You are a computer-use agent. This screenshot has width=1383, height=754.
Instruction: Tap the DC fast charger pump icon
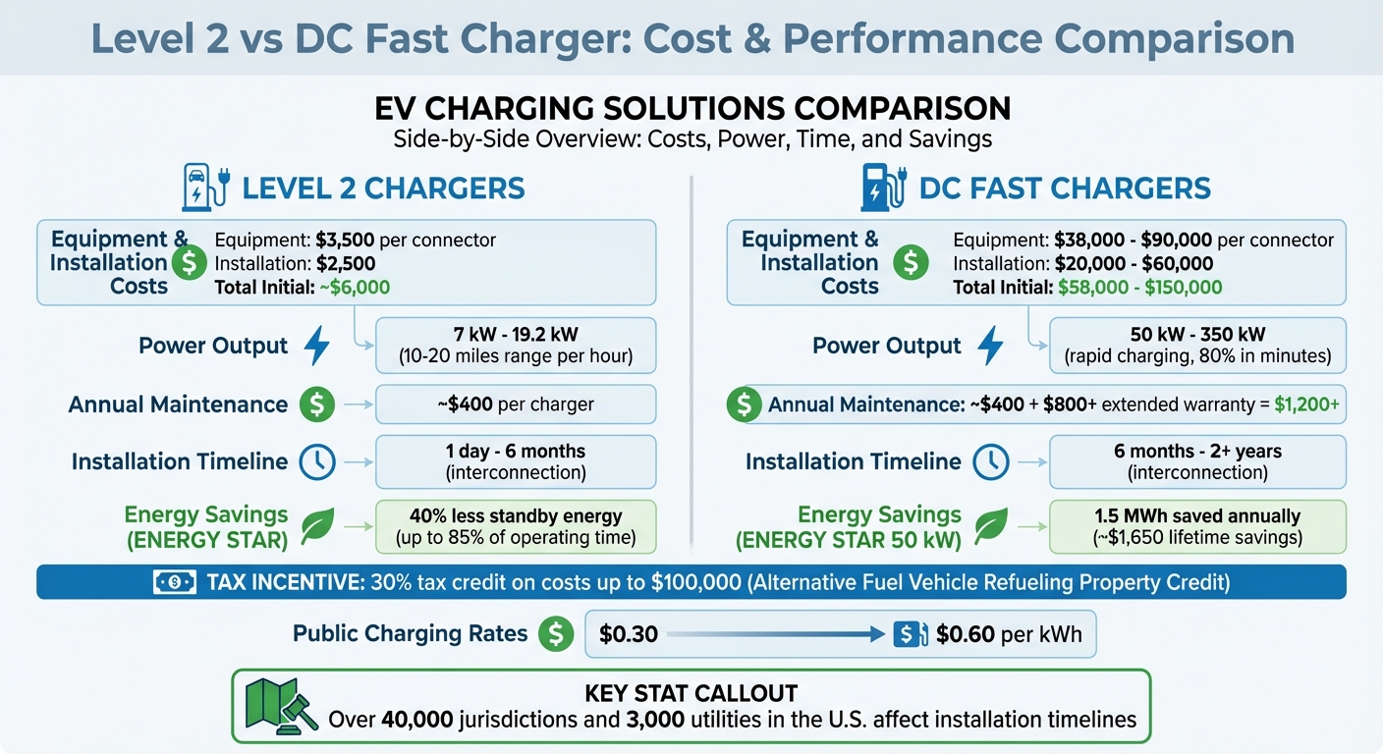coord(881,187)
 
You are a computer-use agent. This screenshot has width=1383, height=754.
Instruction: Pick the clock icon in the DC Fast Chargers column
coord(991,461)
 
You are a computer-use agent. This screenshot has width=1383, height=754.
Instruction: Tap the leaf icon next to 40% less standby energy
coord(317,526)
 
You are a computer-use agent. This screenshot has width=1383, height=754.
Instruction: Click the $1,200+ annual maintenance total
coord(1306,404)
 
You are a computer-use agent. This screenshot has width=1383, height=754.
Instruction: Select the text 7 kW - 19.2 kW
coord(515,334)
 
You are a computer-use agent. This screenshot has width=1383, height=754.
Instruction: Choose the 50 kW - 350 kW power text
coord(1197,334)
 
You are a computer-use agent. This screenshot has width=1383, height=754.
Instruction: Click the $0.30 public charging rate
coord(629,634)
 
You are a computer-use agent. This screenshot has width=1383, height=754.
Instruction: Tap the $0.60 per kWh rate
coord(1010,634)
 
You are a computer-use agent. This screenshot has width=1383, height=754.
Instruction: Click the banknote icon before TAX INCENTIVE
coord(176,582)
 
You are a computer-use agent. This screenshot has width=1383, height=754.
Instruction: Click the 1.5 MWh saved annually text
coord(1197,515)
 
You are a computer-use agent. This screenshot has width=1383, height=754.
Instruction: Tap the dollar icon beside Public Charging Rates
coord(555,634)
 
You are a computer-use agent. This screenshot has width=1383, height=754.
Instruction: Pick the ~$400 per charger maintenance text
coord(515,404)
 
